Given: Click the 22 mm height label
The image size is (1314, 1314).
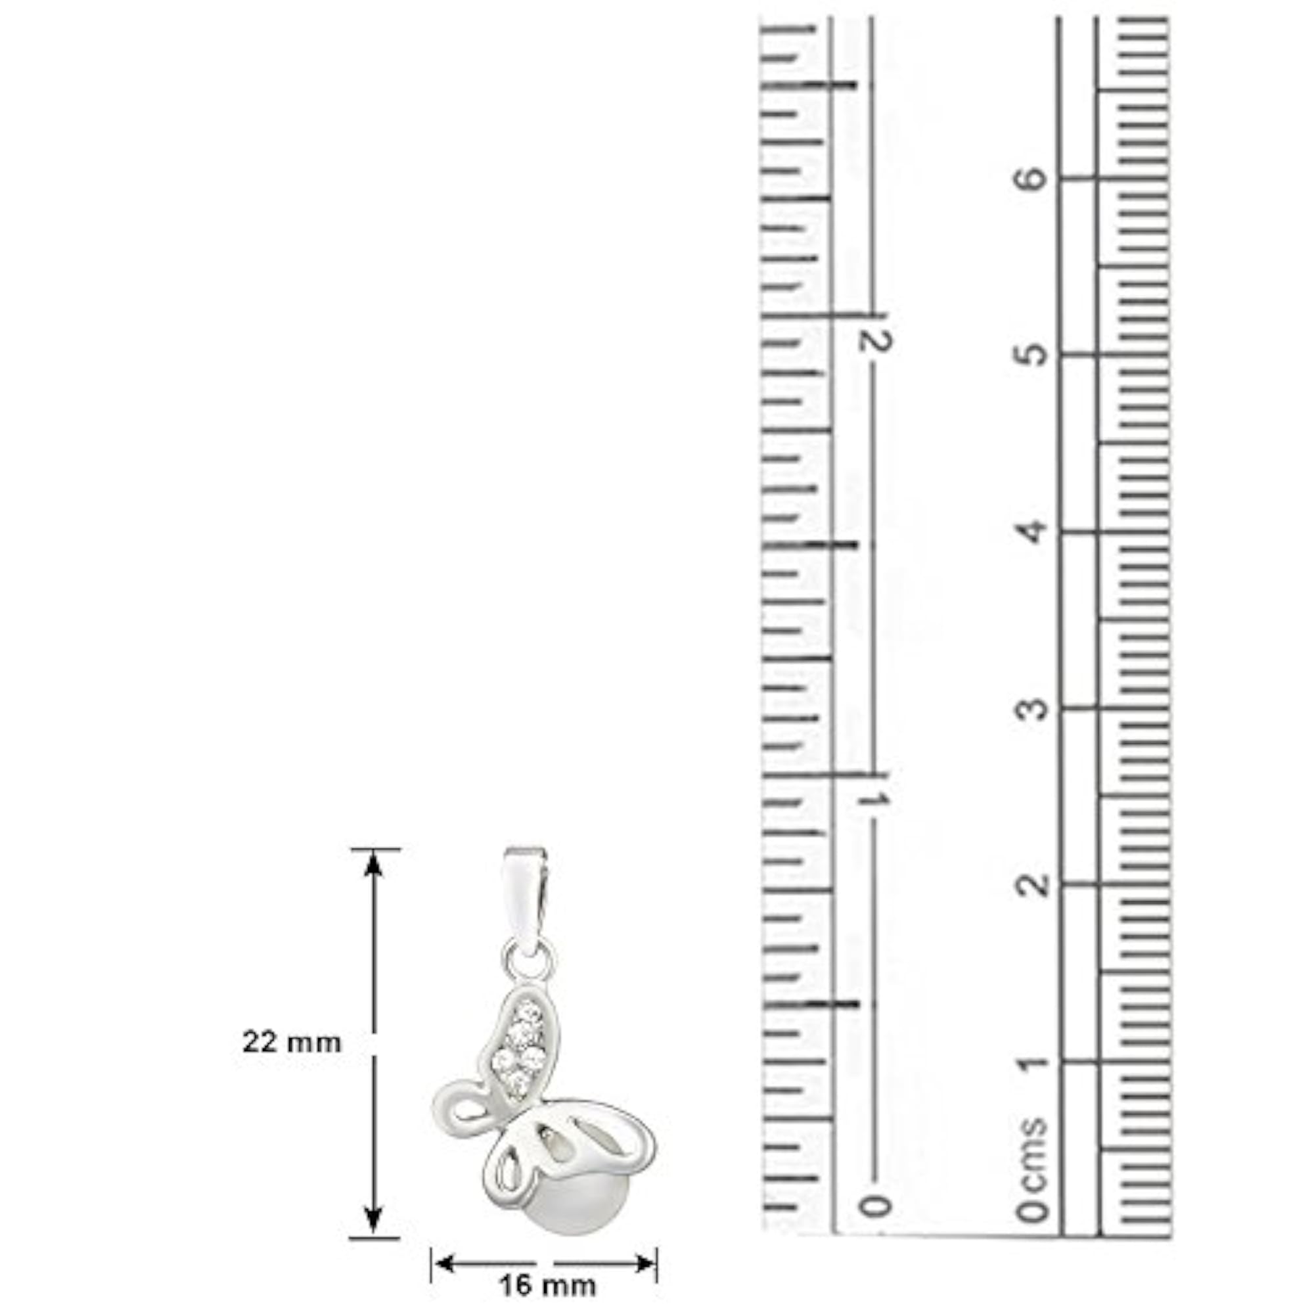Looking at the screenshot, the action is [x=292, y=1043].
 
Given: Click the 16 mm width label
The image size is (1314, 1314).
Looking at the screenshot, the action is [x=547, y=1286].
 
